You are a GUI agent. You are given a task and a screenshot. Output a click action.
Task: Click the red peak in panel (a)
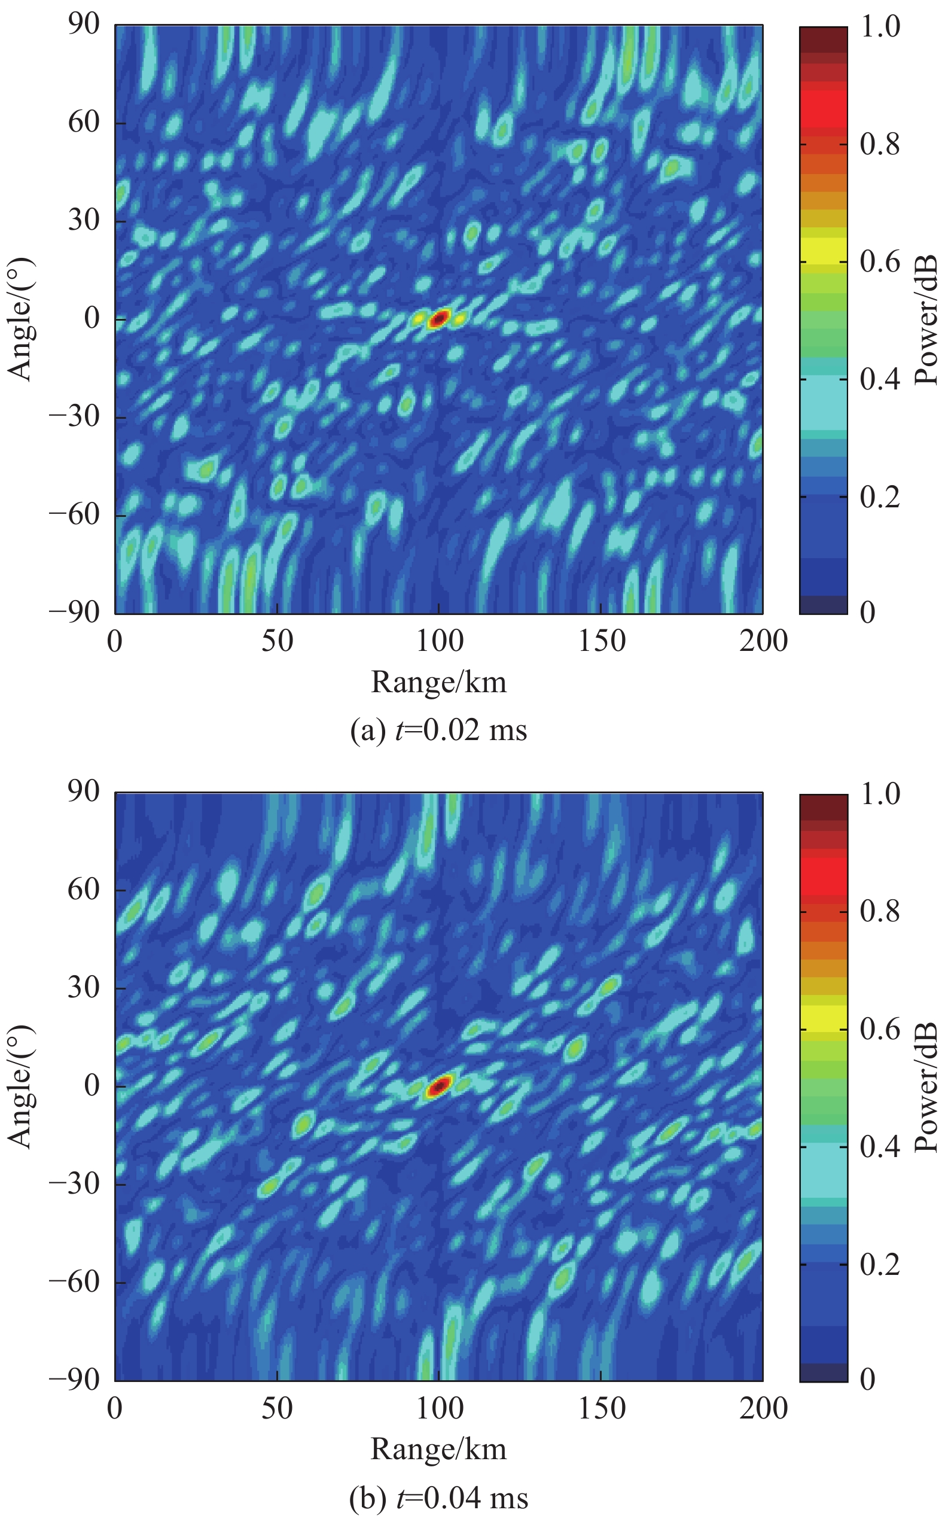(438, 319)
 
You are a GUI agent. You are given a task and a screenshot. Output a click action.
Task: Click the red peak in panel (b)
(438, 1086)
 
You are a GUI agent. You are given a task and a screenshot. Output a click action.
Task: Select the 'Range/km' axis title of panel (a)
(438, 683)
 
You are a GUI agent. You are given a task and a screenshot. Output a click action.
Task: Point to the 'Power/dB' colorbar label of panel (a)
(927, 319)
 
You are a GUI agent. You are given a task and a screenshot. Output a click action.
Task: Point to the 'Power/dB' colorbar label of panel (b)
(927, 1086)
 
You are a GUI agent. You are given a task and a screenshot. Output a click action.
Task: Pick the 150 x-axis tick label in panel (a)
(601, 641)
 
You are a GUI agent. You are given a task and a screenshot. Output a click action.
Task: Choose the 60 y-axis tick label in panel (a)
(84, 122)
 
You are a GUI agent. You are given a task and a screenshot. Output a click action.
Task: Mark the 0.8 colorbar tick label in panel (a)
(880, 145)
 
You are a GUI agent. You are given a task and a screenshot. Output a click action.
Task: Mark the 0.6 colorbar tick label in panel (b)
(880, 1029)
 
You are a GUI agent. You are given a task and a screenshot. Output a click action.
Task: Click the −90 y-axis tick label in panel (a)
(75, 613)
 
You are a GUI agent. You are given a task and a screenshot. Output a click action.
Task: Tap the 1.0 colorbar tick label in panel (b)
(880, 794)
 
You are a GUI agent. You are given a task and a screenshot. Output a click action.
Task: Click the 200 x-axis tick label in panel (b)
(763, 1408)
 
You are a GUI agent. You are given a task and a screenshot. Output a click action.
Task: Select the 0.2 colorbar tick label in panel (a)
(880, 497)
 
